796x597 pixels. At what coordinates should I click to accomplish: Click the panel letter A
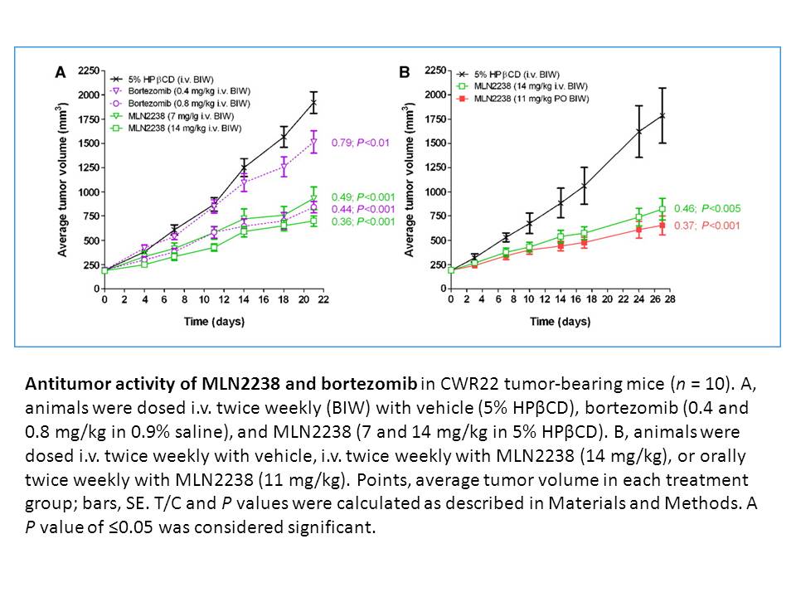(x=61, y=73)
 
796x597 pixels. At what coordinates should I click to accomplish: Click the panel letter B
(x=405, y=73)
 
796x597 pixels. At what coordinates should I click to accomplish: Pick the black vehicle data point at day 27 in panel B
(x=662, y=115)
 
